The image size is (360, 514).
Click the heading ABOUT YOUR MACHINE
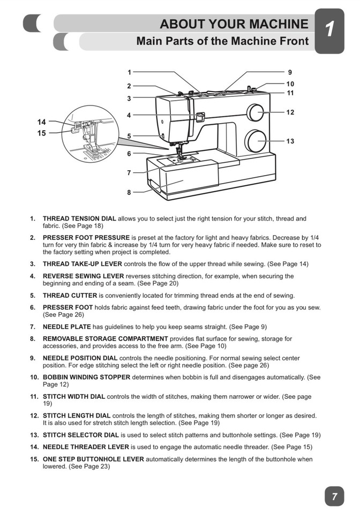(x=234, y=24)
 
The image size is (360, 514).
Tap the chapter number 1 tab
(x=329, y=30)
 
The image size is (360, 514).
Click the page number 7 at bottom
(x=334, y=496)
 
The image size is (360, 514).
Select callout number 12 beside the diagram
(x=290, y=112)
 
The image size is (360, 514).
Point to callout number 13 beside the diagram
(x=290, y=141)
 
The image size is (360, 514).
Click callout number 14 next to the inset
(x=41, y=122)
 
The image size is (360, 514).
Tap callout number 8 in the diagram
(x=129, y=192)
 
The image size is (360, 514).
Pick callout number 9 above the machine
(x=290, y=72)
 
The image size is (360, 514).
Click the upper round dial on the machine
(x=254, y=112)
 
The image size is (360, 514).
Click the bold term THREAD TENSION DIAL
(x=79, y=218)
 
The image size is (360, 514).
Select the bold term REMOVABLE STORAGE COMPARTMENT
(x=106, y=339)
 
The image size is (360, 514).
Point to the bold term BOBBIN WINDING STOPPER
(x=86, y=377)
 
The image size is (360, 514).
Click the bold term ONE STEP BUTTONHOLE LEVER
(x=93, y=459)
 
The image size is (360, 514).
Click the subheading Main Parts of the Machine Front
(x=222, y=41)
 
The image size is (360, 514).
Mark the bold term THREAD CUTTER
(x=70, y=296)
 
